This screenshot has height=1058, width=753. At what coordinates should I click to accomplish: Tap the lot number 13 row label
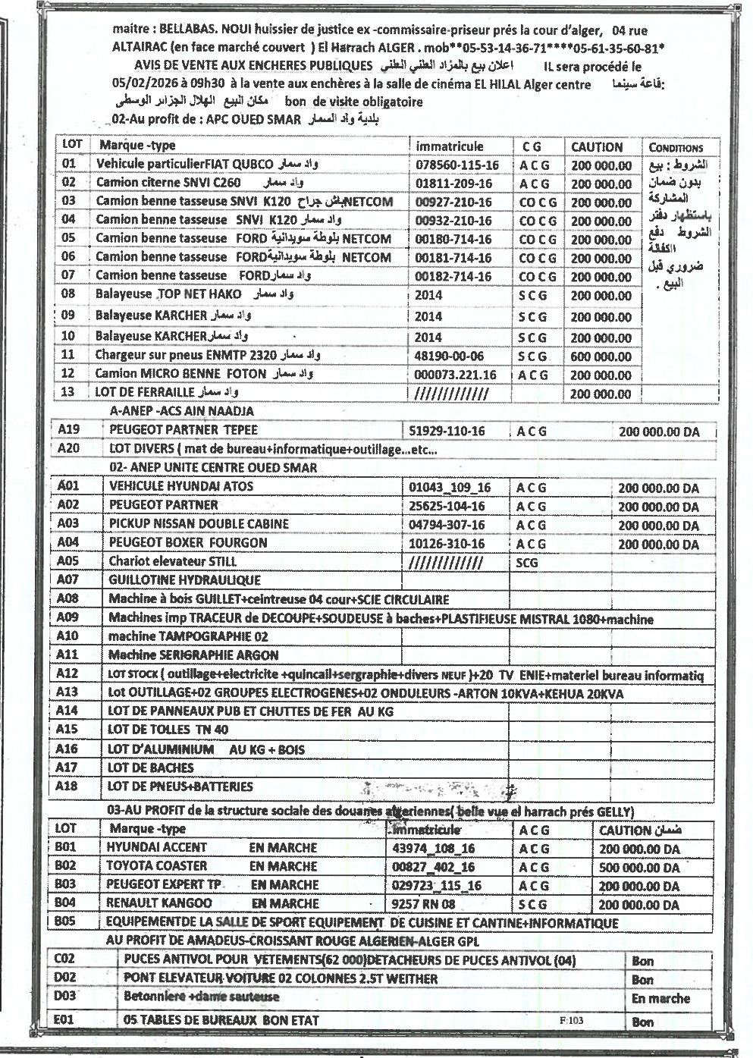pyautogui.click(x=69, y=392)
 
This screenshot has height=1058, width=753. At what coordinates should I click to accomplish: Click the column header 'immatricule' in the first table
pyautogui.click(x=450, y=146)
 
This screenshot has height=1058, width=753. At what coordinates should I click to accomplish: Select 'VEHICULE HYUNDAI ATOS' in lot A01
pyautogui.click(x=181, y=486)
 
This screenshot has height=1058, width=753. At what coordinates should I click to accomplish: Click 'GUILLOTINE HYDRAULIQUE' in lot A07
pyautogui.click(x=184, y=580)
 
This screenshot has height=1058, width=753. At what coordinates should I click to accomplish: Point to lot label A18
pyautogui.click(x=67, y=786)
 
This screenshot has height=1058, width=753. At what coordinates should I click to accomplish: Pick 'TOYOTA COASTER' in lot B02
pyautogui.click(x=156, y=866)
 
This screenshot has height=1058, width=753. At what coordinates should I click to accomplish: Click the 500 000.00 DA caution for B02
pyautogui.click(x=639, y=867)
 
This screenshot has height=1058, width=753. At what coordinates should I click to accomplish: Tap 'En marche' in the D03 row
pyautogui.click(x=660, y=999)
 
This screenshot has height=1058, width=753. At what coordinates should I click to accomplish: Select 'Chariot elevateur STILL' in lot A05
pyautogui.click(x=173, y=562)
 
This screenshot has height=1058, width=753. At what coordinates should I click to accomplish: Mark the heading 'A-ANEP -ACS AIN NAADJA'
pyautogui.click(x=182, y=411)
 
